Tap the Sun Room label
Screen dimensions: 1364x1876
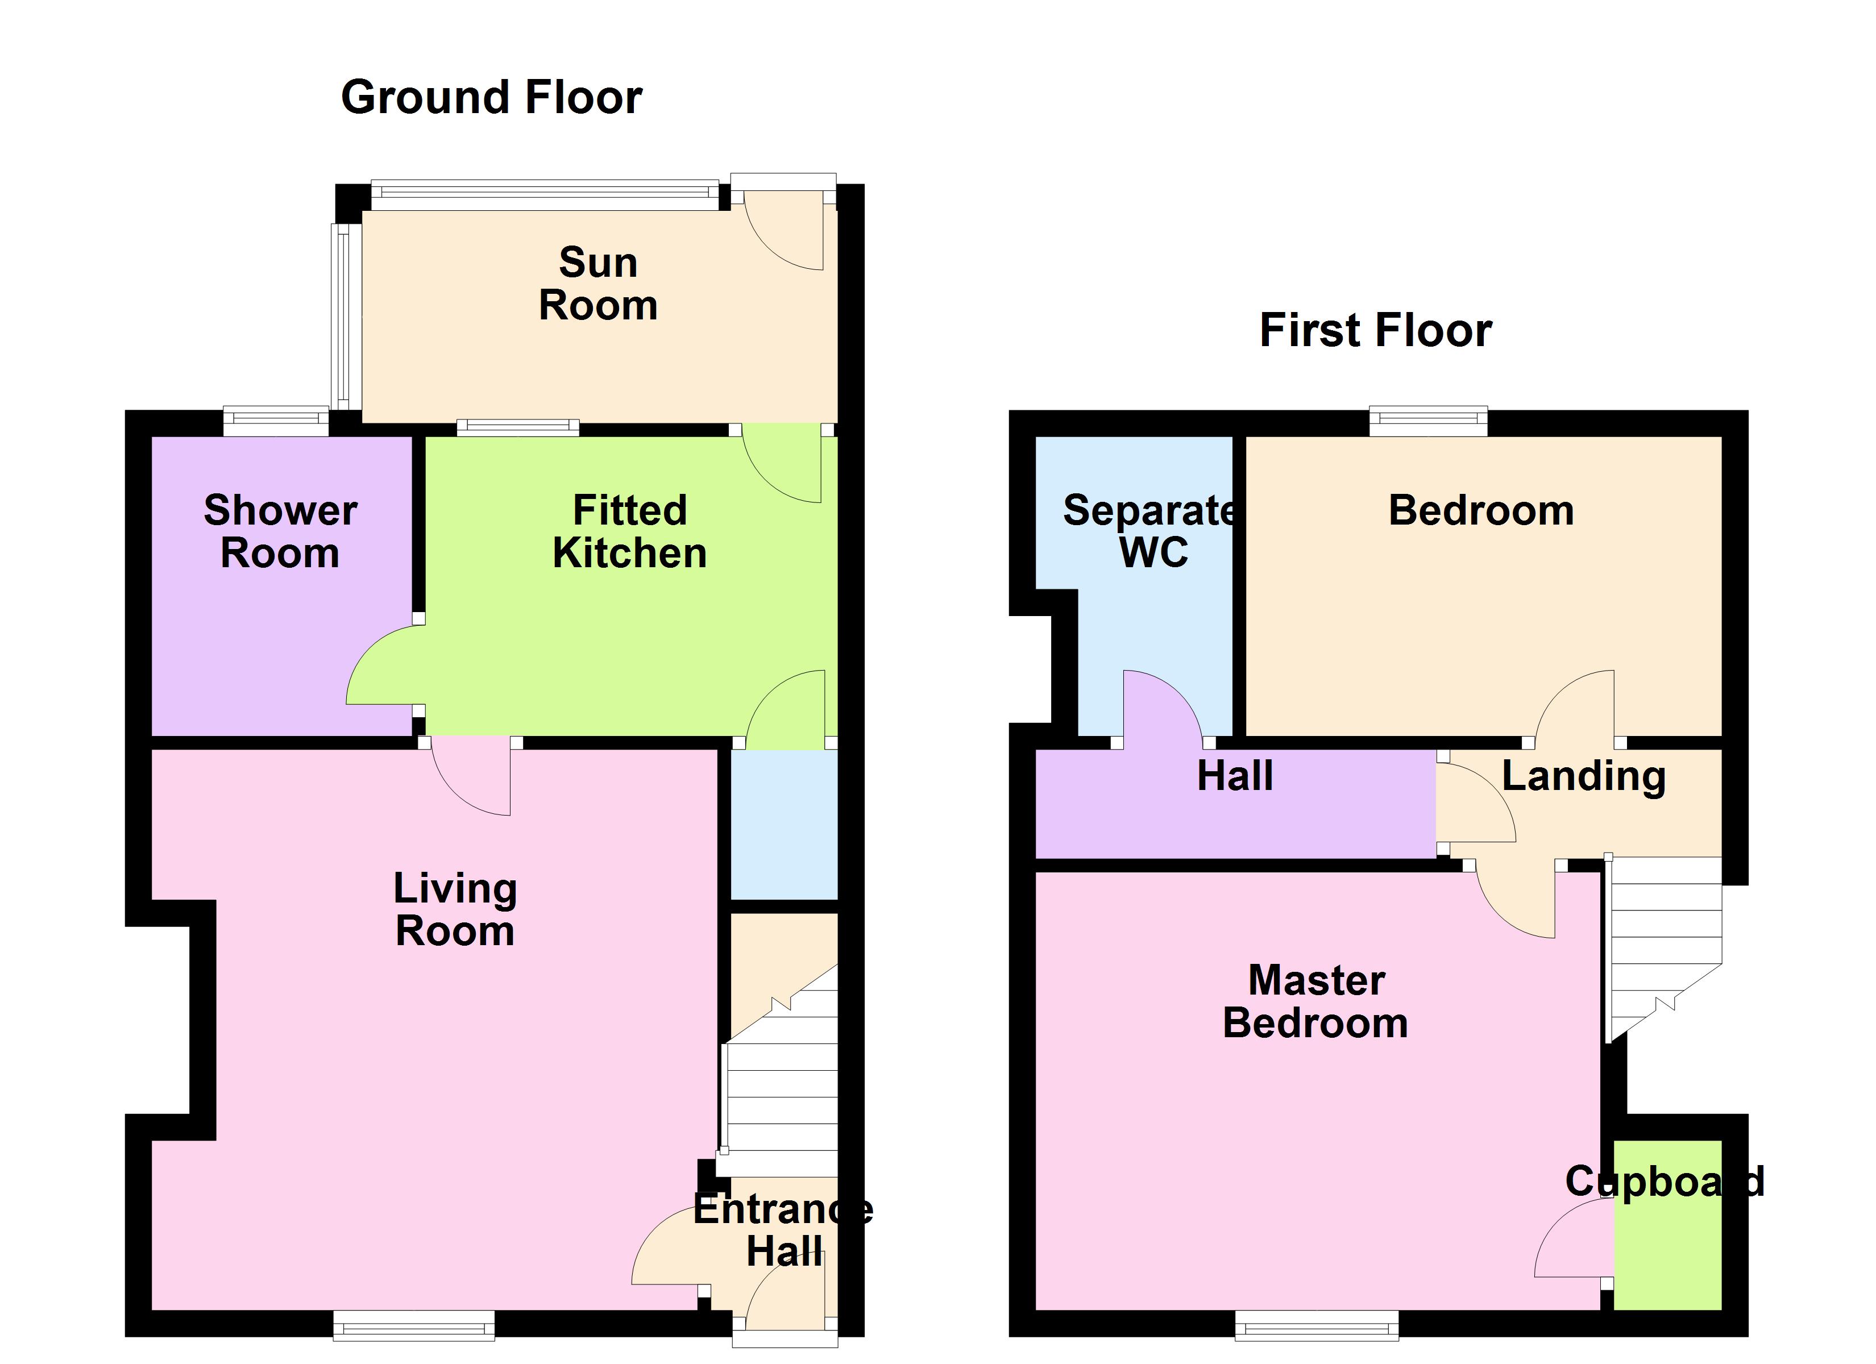pyautogui.click(x=598, y=284)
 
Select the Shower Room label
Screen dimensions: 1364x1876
pyautogui.click(x=280, y=531)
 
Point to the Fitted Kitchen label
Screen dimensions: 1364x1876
pyautogui.click(x=629, y=531)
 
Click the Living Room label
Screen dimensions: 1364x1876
pyautogui.click(x=455, y=909)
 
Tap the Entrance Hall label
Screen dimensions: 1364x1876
pyautogui.click(x=782, y=1230)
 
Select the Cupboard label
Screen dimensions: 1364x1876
pyautogui.click(x=1665, y=1180)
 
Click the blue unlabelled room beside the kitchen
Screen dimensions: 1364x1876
pyautogui.click(x=784, y=824)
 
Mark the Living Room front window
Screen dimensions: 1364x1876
pyautogui.click(x=414, y=1325)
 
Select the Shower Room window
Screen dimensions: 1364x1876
pyautogui.click(x=276, y=422)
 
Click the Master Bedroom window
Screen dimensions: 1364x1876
pyautogui.click(x=1317, y=1325)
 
